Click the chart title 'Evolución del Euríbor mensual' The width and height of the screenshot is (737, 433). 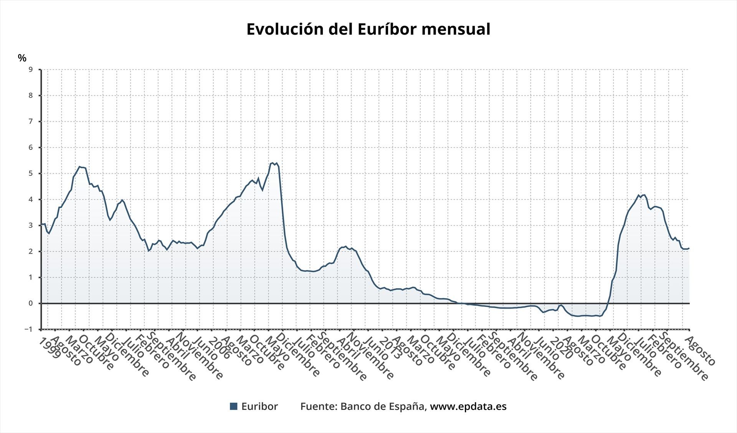368,29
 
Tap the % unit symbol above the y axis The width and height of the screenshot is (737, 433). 22,58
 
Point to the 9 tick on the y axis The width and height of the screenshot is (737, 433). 31,70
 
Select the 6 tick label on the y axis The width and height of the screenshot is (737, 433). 31,148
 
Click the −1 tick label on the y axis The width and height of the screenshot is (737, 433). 28,329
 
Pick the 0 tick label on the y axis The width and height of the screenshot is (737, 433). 31,303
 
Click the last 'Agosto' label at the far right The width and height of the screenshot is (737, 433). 700,351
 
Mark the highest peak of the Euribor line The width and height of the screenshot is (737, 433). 273,163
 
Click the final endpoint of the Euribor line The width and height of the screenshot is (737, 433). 689,248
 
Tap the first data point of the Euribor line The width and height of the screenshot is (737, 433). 41,224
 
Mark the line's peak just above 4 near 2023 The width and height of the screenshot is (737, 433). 644,195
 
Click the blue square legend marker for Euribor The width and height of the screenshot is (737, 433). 233,406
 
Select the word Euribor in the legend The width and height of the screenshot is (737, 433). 259,406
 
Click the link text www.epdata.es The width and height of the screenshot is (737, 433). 468,406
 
